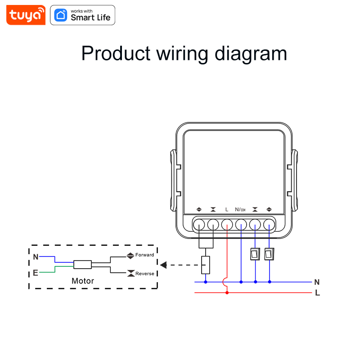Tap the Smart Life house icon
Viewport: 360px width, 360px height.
tap(61, 15)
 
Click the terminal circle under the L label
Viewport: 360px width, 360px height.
tap(227, 224)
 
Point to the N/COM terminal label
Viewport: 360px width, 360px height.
tap(240, 210)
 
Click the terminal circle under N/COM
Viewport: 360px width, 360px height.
tap(241, 224)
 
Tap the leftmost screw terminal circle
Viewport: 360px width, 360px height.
tap(199, 224)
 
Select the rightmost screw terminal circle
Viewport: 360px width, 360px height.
tap(269, 224)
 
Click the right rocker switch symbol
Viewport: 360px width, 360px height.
tap(269, 254)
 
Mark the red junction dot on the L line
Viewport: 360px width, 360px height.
tap(227, 293)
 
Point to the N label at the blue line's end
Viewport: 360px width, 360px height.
tap(317, 282)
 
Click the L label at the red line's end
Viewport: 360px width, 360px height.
tap(317, 293)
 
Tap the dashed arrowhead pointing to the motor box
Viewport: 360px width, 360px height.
tap(163, 265)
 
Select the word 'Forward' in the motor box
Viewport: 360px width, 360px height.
tap(144, 255)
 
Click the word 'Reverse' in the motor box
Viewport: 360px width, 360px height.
tap(144, 274)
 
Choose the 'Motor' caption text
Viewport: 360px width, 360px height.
tap(83, 281)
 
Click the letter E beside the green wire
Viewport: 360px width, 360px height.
tap(36, 273)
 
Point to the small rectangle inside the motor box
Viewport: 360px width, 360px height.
tap(83, 265)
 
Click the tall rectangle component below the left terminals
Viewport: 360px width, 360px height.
tap(206, 265)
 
